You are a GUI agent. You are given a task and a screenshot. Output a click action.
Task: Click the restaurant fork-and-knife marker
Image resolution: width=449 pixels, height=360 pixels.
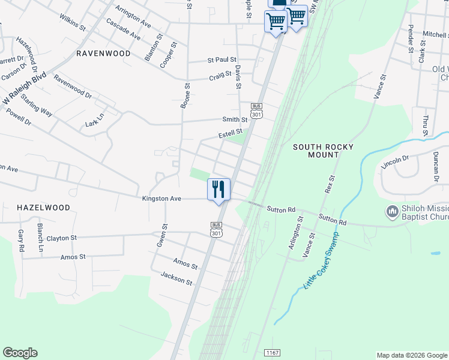pos(219,190)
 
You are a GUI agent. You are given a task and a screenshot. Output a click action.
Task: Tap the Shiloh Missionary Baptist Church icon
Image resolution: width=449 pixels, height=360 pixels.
pos(392,211)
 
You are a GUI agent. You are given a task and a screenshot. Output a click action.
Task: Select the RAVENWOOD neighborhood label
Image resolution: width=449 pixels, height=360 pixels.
pos(104,53)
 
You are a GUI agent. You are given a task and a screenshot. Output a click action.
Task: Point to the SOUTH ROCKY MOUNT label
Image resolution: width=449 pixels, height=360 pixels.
pos(323,151)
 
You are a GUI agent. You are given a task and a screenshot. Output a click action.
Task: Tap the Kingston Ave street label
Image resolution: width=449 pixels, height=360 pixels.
pos(161,198)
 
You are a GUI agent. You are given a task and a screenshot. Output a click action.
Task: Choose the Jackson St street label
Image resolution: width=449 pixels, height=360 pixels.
pos(176,278)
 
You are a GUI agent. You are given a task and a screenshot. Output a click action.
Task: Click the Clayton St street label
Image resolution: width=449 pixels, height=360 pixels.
pos(62,238)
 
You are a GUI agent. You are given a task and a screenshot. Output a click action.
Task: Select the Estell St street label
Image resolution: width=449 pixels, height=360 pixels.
pos(230,132)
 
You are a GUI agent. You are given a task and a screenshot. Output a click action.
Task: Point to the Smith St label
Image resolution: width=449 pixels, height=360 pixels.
pos(235,120)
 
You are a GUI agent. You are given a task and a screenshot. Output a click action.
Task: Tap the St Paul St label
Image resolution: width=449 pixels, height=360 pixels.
pos(221,60)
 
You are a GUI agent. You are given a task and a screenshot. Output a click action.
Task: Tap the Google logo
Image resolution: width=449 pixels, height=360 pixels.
pos(20,353)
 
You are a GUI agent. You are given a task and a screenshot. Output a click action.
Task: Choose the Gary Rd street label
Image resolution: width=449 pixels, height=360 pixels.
pos(21,240)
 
